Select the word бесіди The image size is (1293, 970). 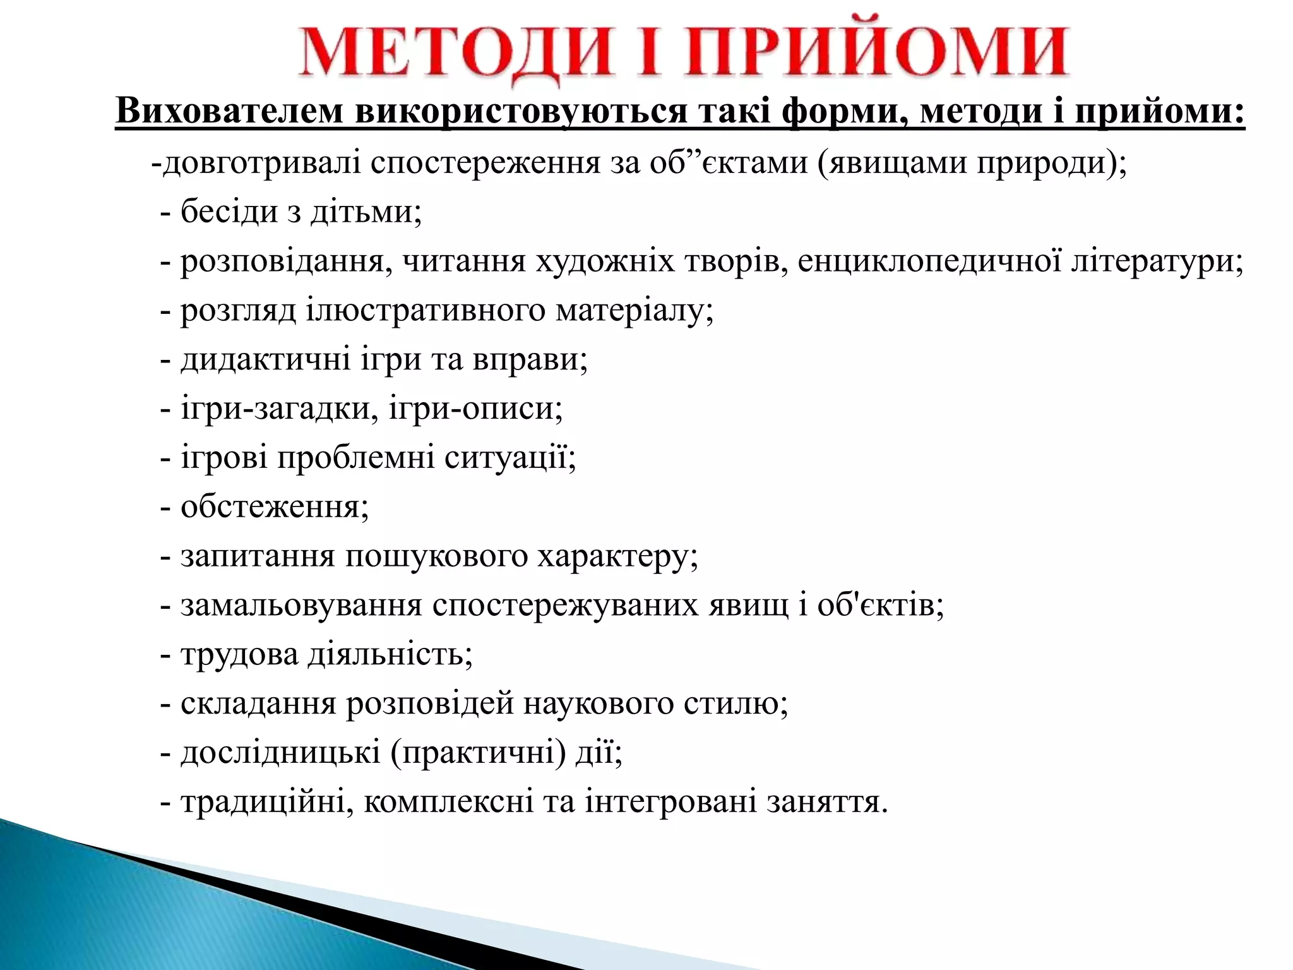[229, 212]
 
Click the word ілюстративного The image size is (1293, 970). [425, 310]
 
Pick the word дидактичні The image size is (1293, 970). [265, 359]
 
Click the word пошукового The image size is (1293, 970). [436, 556]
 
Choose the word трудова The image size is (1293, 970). [239, 655]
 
